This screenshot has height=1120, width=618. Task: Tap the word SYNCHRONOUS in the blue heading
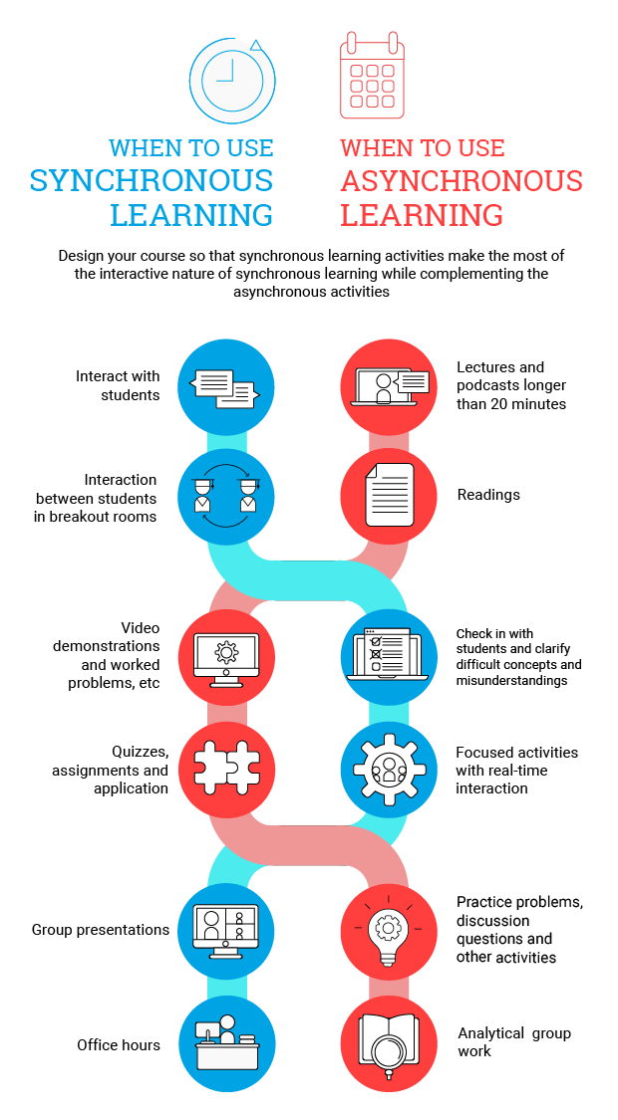[152, 181]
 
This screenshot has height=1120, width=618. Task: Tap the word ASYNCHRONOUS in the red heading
[461, 181]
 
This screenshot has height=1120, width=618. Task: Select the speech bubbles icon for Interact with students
[225, 387]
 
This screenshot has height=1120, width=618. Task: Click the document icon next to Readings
[389, 495]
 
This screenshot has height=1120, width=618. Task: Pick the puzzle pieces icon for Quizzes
[226, 770]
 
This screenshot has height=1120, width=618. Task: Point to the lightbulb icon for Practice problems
[389, 930]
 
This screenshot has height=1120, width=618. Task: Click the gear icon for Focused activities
[389, 770]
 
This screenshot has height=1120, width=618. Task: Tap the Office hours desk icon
[226, 1044]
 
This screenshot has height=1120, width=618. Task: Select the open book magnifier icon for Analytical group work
[389, 1044]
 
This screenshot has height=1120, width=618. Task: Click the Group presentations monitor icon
[226, 930]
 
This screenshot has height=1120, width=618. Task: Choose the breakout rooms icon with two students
[226, 495]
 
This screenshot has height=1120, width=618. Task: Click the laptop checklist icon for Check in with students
[389, 655]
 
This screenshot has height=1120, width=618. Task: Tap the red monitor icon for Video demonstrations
[226, 655]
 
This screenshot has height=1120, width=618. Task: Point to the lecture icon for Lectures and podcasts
[389, 387]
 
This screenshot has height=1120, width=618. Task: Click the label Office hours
[119, 1045]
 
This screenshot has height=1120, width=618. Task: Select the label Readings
[488, 495]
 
